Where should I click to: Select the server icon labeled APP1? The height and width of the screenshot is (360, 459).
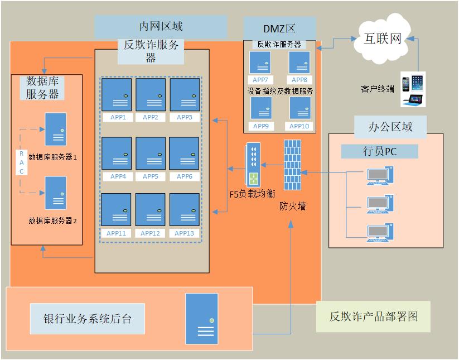pyautogui.click(x=117, y=95)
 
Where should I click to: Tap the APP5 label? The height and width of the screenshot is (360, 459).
pyautogui.click(x=151, y=176)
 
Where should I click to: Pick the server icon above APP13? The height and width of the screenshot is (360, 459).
pyautogui.click(x=185, y=210)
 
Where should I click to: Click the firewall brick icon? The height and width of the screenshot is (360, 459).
pyautogui.click(x=292, y=165)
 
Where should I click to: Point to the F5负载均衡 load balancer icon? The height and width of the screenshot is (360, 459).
pyautogui.click(x=253, y=165)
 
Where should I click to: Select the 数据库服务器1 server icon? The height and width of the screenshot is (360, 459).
pyautogui.click(x=56, y=129)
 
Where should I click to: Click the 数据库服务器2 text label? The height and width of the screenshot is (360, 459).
pyautogui.click(x=52, y=220)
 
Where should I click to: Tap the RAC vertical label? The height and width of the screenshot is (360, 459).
pyautogui.click(x=22, y=162)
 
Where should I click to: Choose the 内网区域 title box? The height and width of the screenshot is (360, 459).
pyautogui.click(x=161, y=26)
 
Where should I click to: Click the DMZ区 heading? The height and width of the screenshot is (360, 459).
pyautogui.click(x=279, y=28)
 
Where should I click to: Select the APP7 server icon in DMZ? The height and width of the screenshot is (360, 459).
pyautogui.click(x=260, y=63)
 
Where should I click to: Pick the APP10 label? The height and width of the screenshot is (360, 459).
pyautogui.click(x=299, y=126)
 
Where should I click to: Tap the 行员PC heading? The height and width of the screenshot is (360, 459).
pyautogui.click(x=379, y=151)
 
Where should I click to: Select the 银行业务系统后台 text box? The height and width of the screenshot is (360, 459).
pyautogui.click(x=88, y=320)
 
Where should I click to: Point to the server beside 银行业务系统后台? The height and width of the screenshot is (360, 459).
pyautogui.click(x=201, y=318)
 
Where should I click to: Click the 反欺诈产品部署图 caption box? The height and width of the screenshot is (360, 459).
pyautogui.click(x=373, y=317)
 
